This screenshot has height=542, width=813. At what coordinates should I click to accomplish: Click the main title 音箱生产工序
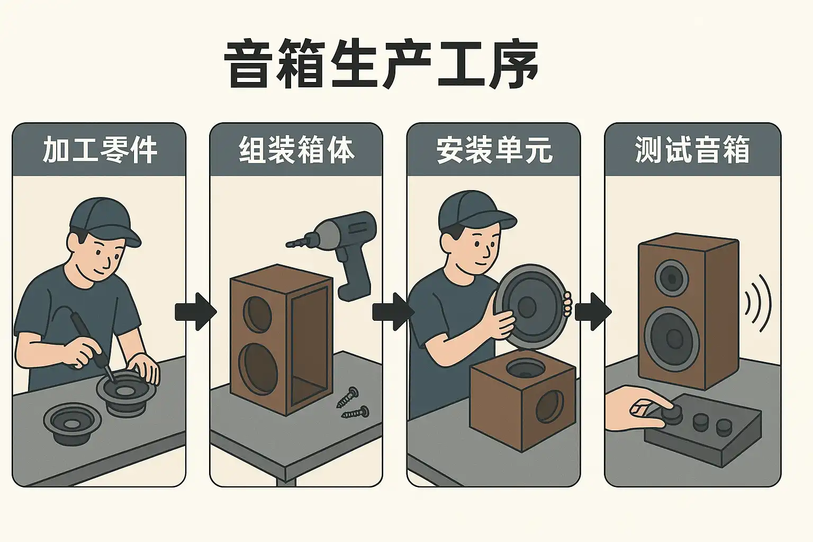pos(381,65)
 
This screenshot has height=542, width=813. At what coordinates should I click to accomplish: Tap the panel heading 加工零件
pos(100,150)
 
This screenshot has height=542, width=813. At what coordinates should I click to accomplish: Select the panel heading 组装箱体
pos(296,150)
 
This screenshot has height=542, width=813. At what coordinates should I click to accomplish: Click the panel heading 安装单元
pos(494,150)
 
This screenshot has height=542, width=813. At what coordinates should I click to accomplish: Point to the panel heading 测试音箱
pos(692,150)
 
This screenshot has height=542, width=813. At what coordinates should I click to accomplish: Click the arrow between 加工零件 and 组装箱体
pos(196,312)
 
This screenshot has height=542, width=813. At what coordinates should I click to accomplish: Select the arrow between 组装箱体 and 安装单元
pos(393,312)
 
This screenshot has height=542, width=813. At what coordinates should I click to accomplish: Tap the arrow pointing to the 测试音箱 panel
pos(593,312)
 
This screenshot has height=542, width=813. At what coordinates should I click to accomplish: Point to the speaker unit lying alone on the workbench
pos(73,423)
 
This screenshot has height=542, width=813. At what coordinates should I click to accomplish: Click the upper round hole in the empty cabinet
pos(257,314)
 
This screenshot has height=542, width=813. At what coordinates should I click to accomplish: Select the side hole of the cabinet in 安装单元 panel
pos(550,406)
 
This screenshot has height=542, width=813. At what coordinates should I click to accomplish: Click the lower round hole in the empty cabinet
pos(258,368)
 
